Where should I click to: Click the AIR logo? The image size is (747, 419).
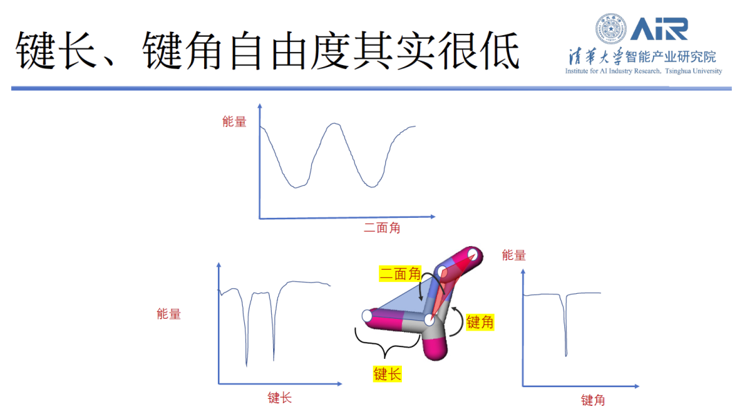point(658,29)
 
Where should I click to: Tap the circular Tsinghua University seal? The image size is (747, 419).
point(611,29)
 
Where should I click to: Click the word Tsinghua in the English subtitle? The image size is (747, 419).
point(668,71)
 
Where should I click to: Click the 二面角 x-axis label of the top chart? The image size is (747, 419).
point(382,228)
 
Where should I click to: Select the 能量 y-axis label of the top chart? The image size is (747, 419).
point(234,122)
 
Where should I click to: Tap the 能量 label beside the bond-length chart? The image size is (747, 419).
point(169,314)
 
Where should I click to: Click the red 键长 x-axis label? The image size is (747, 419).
point(279,398)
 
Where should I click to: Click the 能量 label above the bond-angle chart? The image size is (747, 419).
point(514,255)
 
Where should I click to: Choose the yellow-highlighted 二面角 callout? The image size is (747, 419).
point(400,274)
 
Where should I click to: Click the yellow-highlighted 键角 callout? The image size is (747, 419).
point(481,322)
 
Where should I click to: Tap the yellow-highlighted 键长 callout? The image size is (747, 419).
point(387,374)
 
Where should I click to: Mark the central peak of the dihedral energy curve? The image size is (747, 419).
point(335,124)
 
